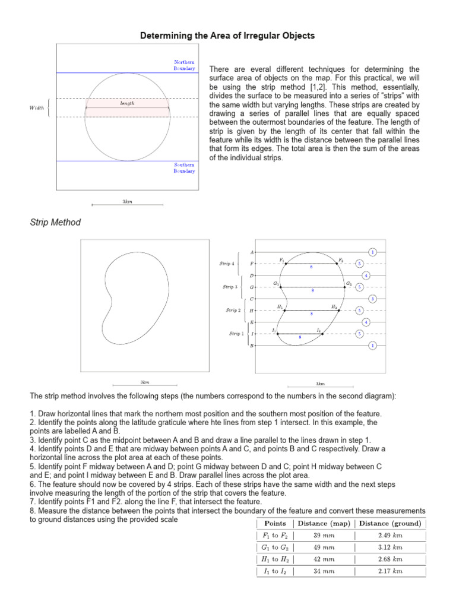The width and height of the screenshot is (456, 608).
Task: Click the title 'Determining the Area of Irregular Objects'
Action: tap(227, 36)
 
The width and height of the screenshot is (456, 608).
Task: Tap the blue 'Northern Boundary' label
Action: tap(184, 65)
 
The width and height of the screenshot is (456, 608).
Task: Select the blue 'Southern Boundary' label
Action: tap(184, 168)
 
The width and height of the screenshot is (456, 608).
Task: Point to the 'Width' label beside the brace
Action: tap(36, 108)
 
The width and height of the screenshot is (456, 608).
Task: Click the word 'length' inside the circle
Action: tap(127, 103)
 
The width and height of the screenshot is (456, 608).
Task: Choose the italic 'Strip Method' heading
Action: tap(55, 223)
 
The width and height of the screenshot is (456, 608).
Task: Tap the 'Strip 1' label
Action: tap(235, 334)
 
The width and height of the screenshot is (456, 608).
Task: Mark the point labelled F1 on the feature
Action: tap(285, 264)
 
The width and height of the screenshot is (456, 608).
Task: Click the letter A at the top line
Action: tap(252, 252)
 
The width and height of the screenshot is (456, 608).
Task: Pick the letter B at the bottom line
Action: tap(252, 346)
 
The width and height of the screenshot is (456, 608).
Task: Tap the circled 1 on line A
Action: tap(372, 252)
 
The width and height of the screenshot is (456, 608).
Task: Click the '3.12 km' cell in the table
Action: tap(390, 547)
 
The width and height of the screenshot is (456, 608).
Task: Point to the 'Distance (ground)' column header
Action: tap(390, 523)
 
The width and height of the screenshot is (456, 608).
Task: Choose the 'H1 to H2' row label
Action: tap(275, 559)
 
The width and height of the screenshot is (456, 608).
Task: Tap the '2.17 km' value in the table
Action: tap(390, 571)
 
